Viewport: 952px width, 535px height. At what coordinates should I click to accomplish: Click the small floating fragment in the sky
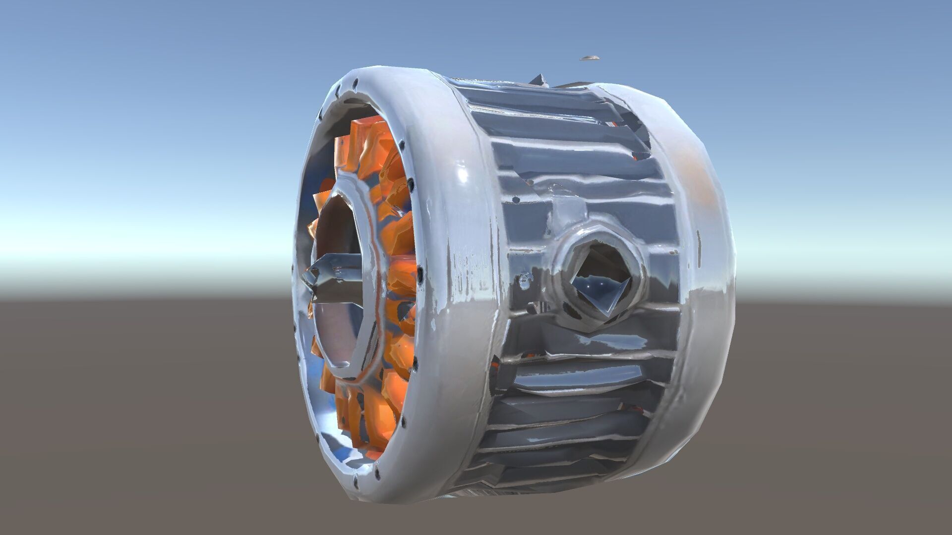click(x=590, y=58)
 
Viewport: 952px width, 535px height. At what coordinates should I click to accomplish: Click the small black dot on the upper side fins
click(x=516, y=201)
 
